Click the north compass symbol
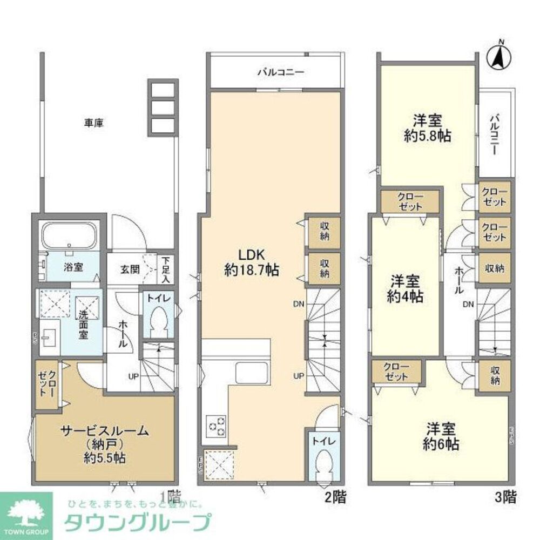[501, 56]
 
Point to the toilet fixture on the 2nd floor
[323, 463]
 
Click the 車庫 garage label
[93, 123]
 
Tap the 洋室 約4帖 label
[405, 289]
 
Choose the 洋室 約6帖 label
[441, 437]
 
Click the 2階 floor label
[335, 497]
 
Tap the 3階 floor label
[507, 497]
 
